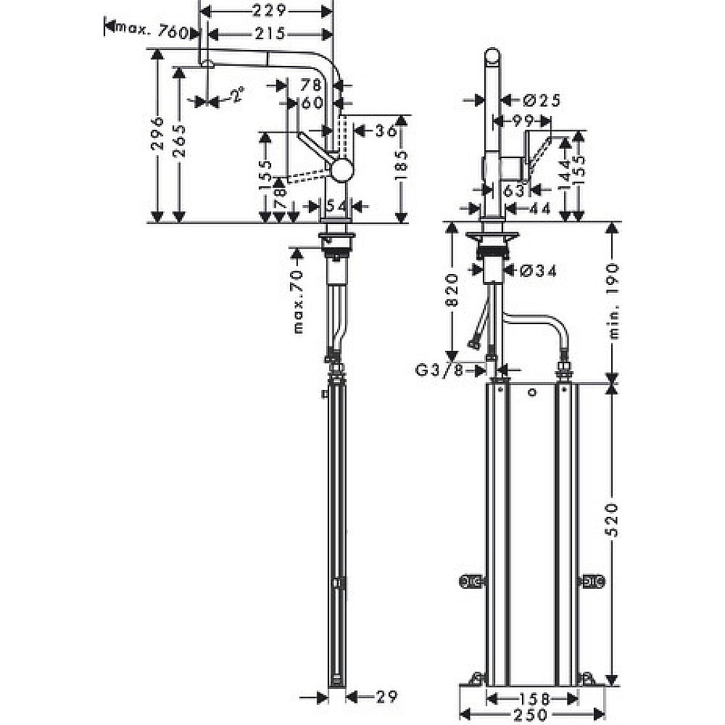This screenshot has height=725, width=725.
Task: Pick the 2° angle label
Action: pyautogui.click(x=236, y=94)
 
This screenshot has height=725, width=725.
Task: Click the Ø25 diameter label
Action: pyautogui.click(x=540, y=100)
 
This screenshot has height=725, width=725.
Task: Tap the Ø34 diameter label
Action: pyautogui.click(x=539, y=271)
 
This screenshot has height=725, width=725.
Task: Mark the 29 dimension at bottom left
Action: pyautogui.click(x=386, y=697)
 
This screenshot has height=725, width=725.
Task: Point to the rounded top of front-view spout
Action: pyautogui.click(x=492, y=58)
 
